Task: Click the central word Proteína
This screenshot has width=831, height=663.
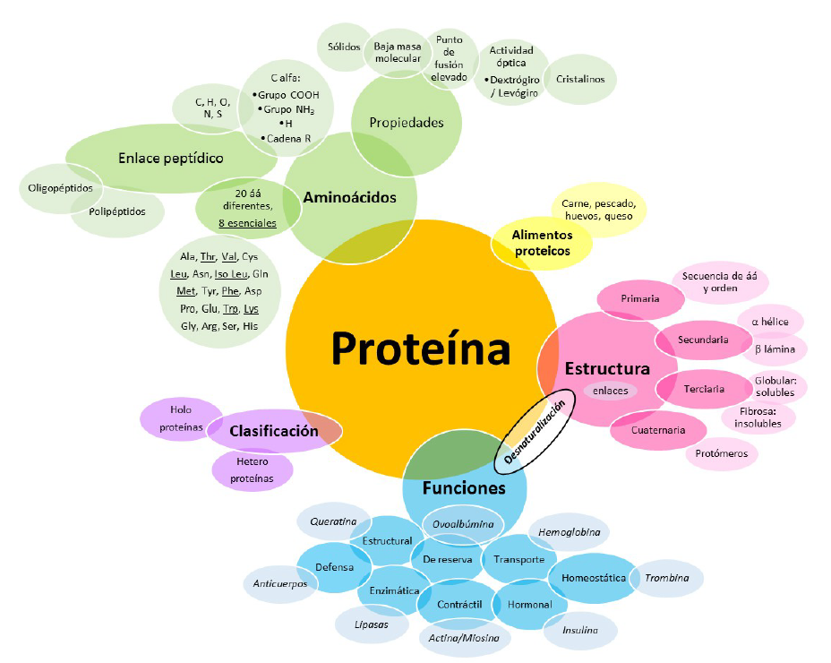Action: tap(421, 349)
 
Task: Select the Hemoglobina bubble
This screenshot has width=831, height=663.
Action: tap(569, 532)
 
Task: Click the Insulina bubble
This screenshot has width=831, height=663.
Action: tap(579, 630)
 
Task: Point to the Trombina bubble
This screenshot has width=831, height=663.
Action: tap(666, 578)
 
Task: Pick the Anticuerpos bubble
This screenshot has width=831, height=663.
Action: tap(279, 583)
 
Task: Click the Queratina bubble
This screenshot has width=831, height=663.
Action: tap(327, 521)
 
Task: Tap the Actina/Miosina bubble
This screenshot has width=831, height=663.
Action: tap(465, 638)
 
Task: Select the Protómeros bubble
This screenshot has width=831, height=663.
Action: tap(721, 453)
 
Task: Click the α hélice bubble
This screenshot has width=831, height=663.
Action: tap(769, 321)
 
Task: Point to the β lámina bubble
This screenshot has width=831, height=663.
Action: tap(774, 349)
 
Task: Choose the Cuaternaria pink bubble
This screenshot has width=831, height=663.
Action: tap(657, 430)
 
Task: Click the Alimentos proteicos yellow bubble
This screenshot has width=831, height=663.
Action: tap(542, 243)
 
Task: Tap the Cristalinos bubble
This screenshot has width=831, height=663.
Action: tap(579, 79)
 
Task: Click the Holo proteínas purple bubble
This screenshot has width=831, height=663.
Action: tap(182, 418)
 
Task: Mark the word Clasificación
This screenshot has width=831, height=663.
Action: tap(274, 431)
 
